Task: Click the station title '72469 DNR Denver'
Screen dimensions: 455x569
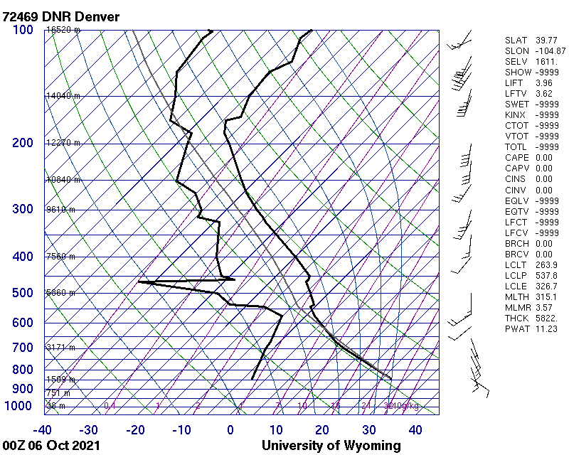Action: [61, 16]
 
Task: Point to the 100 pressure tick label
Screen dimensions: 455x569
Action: [22, 30]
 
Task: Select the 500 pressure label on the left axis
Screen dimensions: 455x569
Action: [22, 293]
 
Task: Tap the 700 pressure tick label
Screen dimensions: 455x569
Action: [22, 348]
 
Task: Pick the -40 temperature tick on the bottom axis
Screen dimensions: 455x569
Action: [43, 430]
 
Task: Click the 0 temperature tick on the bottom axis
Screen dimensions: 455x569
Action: [230, 430]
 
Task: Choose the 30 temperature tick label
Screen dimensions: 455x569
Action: [369, 430]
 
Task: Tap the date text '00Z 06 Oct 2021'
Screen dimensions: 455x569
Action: [51, 446]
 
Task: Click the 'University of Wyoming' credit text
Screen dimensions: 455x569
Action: [331, 446]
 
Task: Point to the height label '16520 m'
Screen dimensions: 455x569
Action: [63, 30]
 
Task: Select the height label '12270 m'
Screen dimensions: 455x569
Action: [63, 143]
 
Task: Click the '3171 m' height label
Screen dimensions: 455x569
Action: [61, 348]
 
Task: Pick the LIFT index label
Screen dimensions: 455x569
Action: [514, 83]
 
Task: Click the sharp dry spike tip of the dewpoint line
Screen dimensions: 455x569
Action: [139, 282]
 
